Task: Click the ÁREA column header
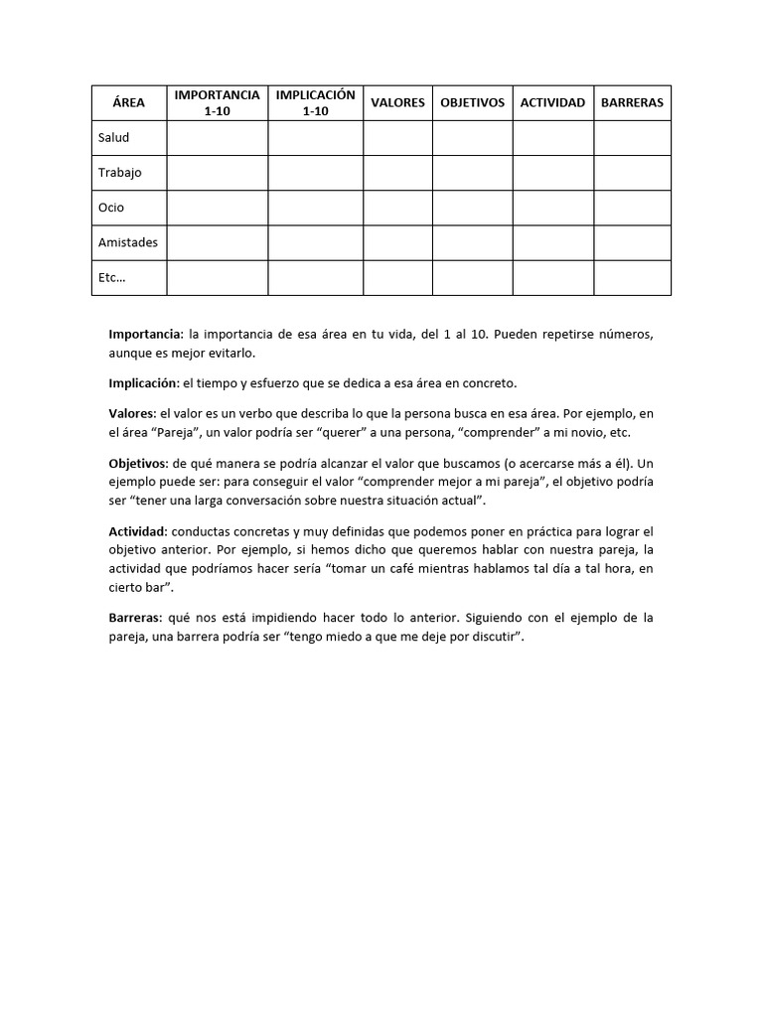pos(128,102)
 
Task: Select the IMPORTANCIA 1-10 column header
pos(217,102)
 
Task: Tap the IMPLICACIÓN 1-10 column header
pos(315,102)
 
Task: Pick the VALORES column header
pos(397,102)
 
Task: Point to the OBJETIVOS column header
pos(472,102)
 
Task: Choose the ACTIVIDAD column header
pos(552,102)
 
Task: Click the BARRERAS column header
pos(632,102)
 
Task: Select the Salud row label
pos(113,138)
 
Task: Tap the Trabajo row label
pos(119,173)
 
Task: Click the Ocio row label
pos(110,208)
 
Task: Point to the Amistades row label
pos(127,242)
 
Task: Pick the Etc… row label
pos(111,278)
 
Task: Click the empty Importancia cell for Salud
pos(217,138)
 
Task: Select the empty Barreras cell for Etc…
pos(632,278)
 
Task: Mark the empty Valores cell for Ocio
pos(397,208)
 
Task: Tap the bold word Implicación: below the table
pos(143,383)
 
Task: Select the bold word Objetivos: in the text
pos(138,464)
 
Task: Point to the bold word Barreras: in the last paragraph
pos(134,618)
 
